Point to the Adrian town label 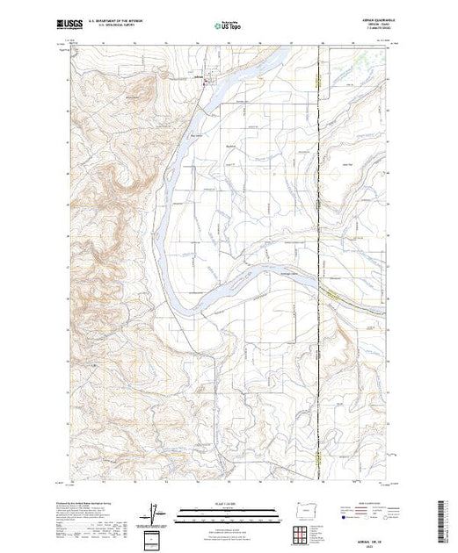(x=198, y=77)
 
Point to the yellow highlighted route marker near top (x=315, y=82)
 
